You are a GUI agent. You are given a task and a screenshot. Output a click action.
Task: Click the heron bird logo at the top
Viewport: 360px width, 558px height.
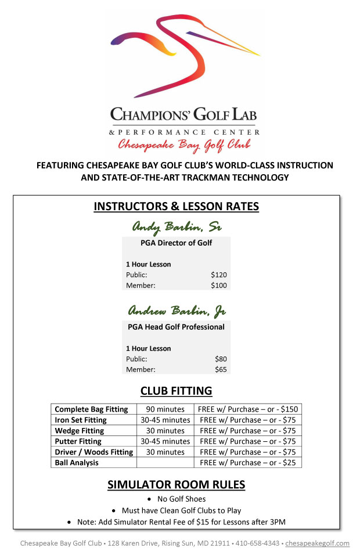[x=185, y=55]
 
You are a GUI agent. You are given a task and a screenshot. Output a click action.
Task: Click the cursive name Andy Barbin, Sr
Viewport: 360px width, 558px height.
[x=176, y=226]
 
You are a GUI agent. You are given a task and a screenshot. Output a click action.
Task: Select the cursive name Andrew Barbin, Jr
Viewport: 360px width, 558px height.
[x=176, y=311]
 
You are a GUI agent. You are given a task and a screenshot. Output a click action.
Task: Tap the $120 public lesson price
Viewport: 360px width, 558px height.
[x=219, y=275]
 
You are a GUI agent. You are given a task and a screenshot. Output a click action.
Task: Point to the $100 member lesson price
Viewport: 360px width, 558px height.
[x=219, y=285]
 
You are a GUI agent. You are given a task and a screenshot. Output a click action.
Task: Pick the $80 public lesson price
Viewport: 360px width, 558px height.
[x=221, y=359]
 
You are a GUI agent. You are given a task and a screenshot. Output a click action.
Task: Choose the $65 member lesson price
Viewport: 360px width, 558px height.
[x=221, y=369]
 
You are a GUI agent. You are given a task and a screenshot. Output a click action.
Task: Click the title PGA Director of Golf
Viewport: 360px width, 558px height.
[x=176, y=243]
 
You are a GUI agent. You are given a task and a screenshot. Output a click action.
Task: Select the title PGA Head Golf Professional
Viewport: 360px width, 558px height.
[x=176, y=327]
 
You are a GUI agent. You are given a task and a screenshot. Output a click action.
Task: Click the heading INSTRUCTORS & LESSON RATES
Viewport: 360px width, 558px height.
[x=176, y=207]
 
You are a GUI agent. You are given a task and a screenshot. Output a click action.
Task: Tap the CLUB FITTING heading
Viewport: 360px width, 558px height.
[x=176, y=391]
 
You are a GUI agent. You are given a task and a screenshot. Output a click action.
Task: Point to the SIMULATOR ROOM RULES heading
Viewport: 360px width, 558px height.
[x=176, y=485]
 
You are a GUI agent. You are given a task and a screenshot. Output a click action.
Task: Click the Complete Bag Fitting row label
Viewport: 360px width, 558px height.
[x=91, y=409]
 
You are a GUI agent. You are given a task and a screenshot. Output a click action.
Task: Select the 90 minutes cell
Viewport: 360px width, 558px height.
[x=165, y=409]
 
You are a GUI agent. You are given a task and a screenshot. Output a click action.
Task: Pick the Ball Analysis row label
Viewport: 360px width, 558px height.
[x=77, y=463]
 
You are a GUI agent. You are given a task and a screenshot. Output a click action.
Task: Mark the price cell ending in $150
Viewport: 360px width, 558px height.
[x=247, y=409]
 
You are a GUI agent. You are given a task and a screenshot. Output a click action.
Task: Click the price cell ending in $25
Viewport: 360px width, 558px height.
[x=248, y=463]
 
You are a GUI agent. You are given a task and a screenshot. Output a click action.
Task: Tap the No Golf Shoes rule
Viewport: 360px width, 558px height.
[x=181, y=499]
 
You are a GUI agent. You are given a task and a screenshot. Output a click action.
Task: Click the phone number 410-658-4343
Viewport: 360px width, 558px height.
[x=260, y=543]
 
